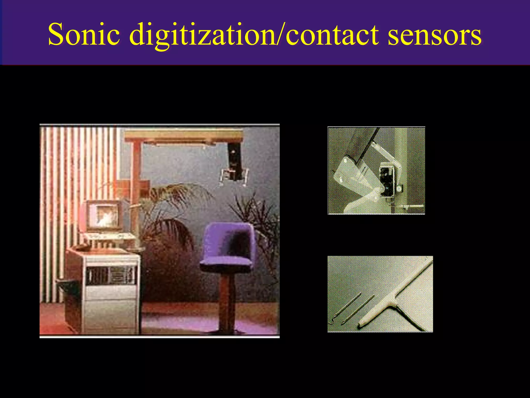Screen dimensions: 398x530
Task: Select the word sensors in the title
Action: click(x=435, y=35)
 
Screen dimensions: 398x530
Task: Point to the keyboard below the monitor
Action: click(x=109, y=236)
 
